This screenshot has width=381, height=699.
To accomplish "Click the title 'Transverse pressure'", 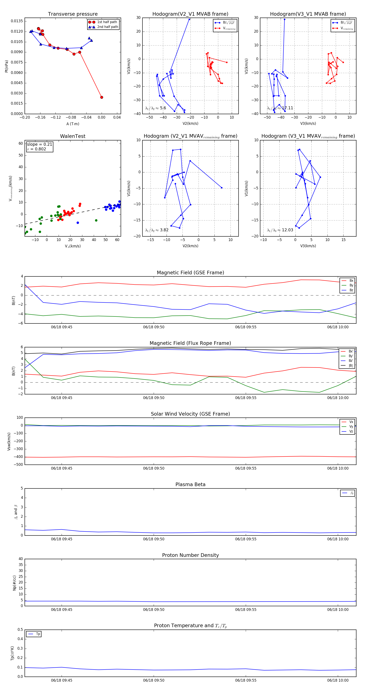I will tap(73, 14).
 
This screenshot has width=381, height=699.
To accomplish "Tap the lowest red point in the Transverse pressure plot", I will tap(102, 97).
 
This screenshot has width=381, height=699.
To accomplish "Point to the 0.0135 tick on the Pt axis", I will tap(17, 21).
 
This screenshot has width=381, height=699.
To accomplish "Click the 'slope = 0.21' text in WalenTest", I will tap(40, 144).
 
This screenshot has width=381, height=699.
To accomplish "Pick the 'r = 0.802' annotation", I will tap(37, 149).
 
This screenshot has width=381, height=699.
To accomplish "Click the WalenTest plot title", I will tap(73, 136).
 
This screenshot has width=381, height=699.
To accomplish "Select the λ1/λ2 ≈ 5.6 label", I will tap(155, 108).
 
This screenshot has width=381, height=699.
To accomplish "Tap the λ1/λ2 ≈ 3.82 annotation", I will tap(157, 230).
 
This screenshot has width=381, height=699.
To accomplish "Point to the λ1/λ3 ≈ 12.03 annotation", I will tap(280, 230).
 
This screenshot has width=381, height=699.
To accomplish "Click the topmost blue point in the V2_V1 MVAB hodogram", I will tap(189, 19).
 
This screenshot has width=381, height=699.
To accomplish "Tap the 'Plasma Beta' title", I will tap(190, 484).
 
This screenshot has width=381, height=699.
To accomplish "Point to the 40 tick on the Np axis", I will tap(21, 559).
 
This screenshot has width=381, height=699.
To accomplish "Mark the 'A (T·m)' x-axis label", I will tap(73, 124).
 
